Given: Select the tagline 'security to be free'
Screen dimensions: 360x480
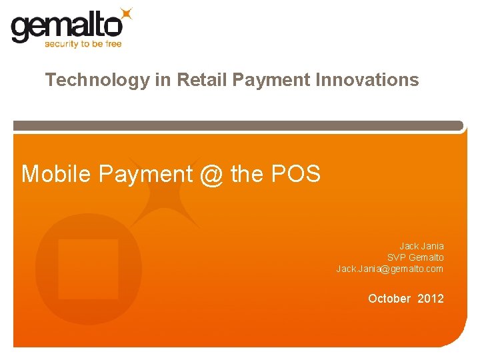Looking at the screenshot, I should [x=83, y=44].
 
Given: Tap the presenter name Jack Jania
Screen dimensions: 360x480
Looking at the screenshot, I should [x=421, y=246].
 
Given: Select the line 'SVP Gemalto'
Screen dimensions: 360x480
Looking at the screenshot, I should [x=415, y=257].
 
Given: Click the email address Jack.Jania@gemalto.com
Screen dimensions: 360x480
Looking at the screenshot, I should [x=389, y=269].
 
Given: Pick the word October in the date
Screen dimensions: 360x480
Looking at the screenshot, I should [x=389, y=299].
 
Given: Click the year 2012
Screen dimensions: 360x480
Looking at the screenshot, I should [x=431, y=299].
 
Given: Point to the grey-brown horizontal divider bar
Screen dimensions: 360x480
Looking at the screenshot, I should [x=238, y=125].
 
